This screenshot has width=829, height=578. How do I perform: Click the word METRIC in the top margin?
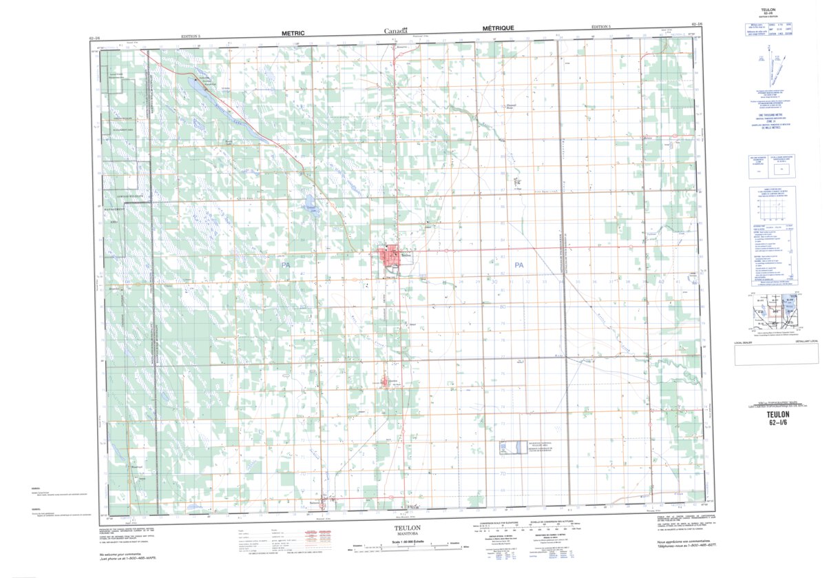coord(293,32)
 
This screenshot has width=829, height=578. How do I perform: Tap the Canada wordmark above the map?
coord(395,30)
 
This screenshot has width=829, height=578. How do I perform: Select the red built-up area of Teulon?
coord(388,257)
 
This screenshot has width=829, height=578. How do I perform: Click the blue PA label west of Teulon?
coord(285,265)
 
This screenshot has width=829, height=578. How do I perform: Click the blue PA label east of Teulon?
coord(518,265)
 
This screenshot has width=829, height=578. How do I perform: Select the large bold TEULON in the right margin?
coord(779,415)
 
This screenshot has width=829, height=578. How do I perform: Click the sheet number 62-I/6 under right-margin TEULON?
coord(779,423)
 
